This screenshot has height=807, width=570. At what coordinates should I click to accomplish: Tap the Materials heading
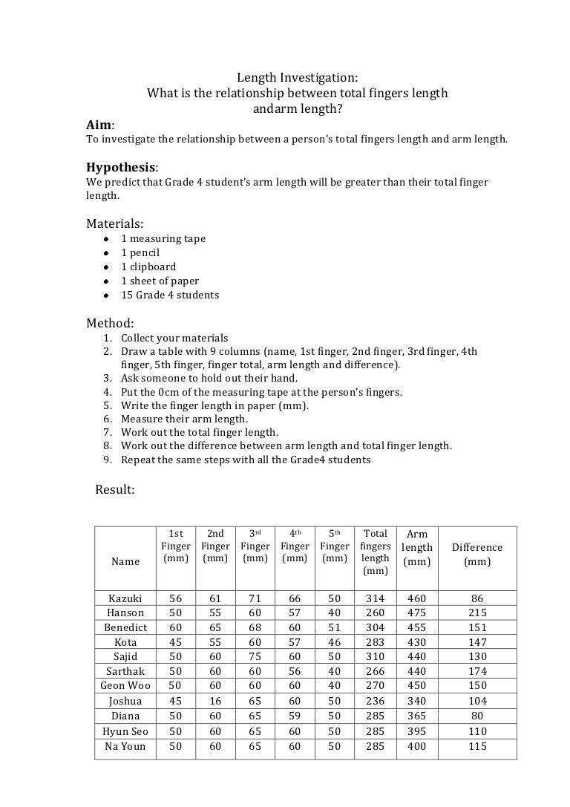click(115, 223)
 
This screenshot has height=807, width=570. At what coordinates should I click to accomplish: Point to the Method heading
click(110, 323)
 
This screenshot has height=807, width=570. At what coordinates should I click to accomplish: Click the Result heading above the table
click(115, 489)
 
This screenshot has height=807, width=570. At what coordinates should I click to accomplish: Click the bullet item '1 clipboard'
click(148, 267)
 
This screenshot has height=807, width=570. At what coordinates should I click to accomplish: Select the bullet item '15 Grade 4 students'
click(170, 295)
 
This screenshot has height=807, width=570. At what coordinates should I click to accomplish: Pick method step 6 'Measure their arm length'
click(185, 419)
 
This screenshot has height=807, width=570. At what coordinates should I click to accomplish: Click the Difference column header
click(477, 554)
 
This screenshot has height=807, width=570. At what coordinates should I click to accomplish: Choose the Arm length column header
click(417, 548)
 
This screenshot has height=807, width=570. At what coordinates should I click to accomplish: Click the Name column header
click(125, 561)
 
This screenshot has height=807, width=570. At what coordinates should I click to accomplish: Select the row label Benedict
click(125, 627)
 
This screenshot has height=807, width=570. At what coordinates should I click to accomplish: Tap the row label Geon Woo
click(125, 686)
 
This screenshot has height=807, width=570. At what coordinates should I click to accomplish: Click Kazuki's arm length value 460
click(417, 598)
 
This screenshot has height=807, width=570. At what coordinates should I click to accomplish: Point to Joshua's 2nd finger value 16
click(215, 701)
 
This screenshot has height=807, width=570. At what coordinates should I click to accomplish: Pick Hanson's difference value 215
click(477, 612)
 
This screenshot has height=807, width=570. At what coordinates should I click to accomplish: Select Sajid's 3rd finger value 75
click(255, 656)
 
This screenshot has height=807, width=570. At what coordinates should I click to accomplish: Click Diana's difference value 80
click(477, 716)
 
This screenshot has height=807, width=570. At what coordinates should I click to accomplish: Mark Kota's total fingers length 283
click(376, 642)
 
